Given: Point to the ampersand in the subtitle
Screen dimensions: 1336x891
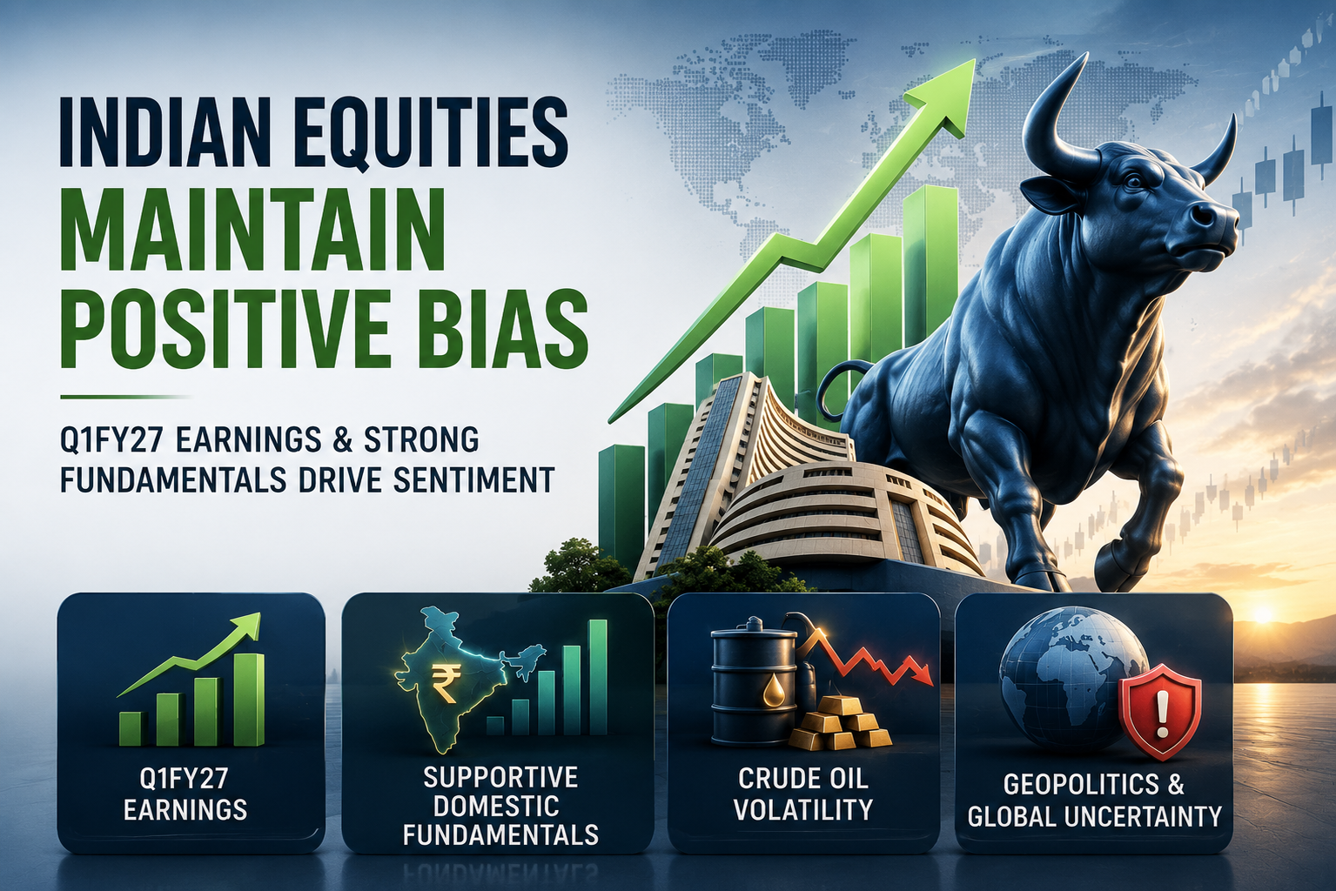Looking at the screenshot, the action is point(334,440).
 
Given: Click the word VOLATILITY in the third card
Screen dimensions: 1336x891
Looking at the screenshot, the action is point(803,810).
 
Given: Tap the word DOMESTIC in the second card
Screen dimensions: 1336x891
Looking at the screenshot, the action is point(496,806).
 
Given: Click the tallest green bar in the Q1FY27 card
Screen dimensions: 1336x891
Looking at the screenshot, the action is point(249,700).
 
